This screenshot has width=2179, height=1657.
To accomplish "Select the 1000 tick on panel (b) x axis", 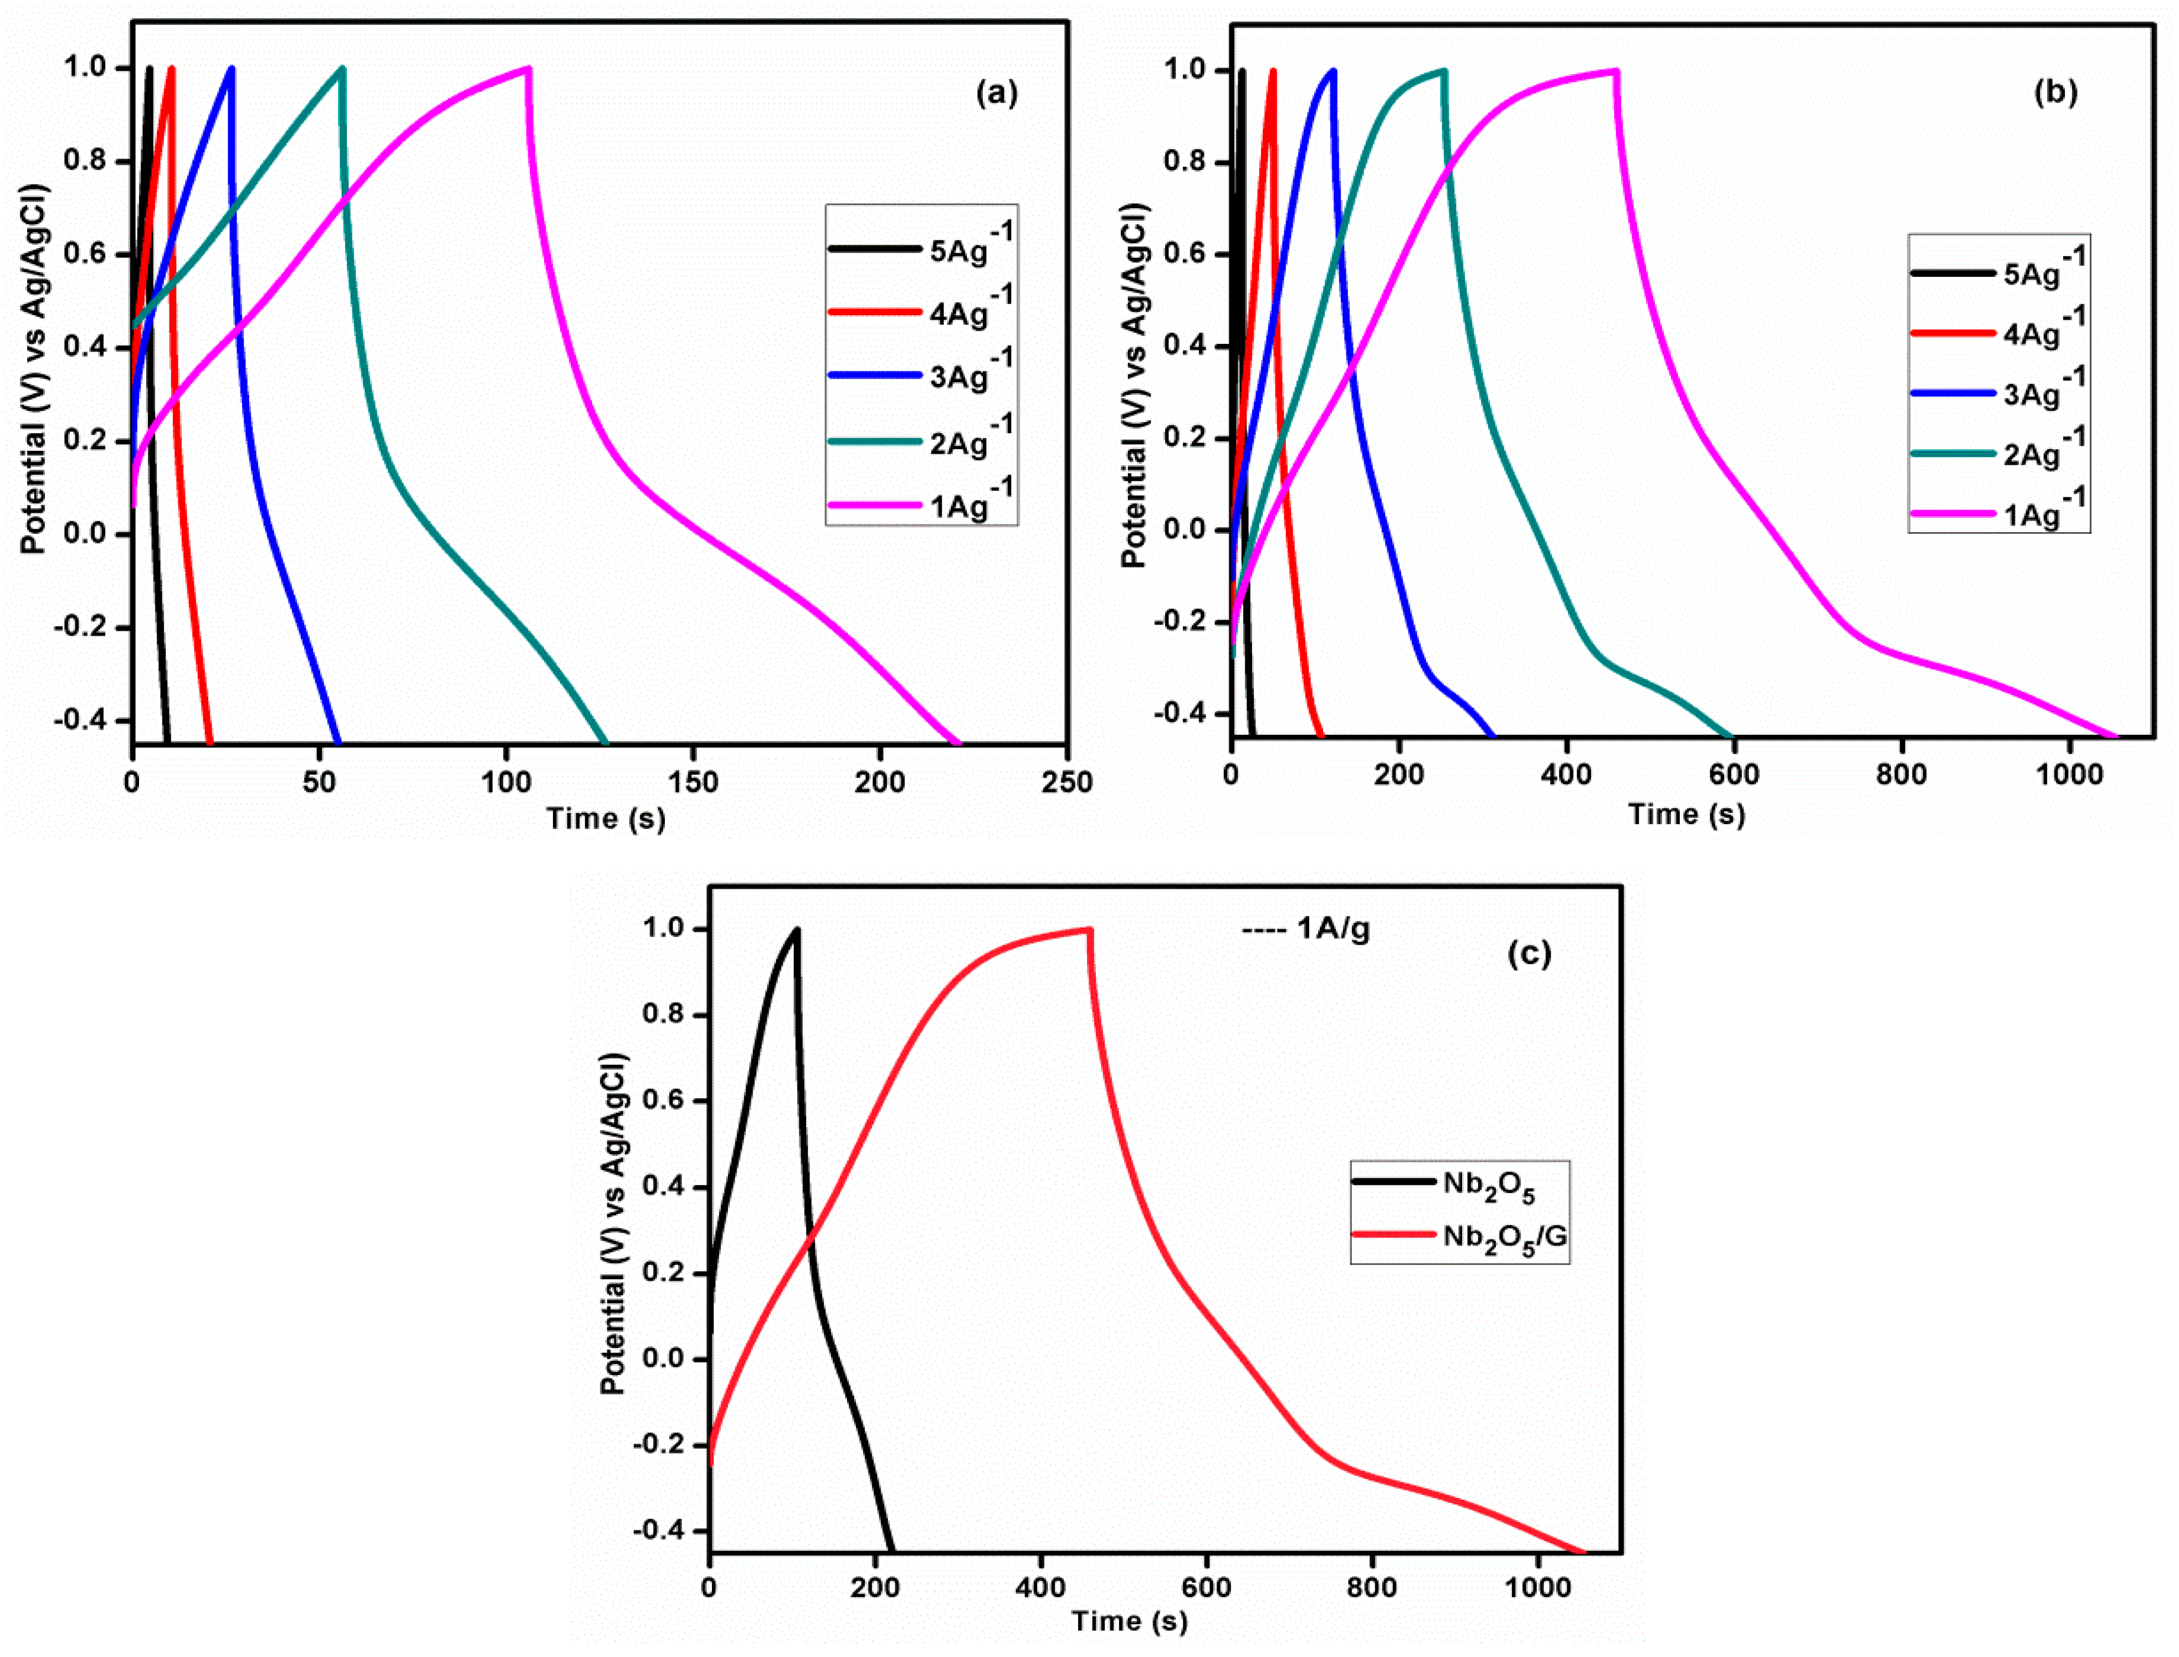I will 2069,775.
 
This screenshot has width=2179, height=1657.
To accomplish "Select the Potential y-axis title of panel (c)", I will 613,1223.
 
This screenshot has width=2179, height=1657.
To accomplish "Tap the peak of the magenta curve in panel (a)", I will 529,68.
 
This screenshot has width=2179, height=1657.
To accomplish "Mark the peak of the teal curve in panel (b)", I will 1443,70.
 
